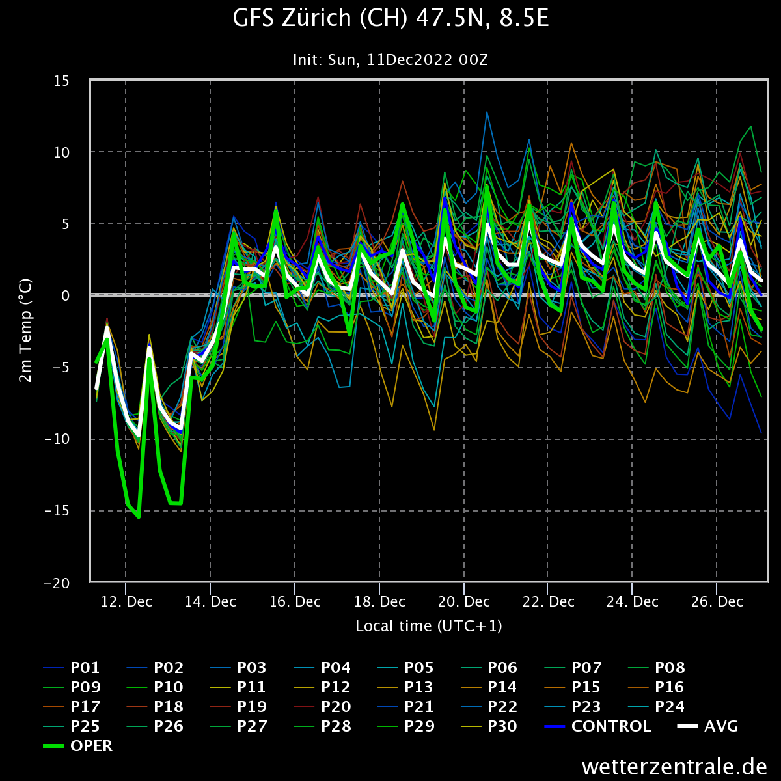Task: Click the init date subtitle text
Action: pyautogui.click(x=390, y=60)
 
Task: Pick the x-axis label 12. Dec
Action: pyautogui.click(x=127, y=602)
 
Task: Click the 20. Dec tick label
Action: pyautogui.click(x=464, y=602)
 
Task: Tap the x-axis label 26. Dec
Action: pyautogui.click(x=717, y=602)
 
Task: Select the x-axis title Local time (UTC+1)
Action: pyautogui.click(x=428, y=626)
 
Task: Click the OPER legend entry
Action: pyautogui.click(x=91, y=746)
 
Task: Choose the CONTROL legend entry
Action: pyautogui.click(x=610, y=726)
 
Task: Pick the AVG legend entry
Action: pyautogui.click(x=721, y=726)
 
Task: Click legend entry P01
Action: pyautogui.click(x=85, y=668)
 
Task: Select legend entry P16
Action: pyautogui.click(x=670, y=687)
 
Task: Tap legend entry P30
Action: pyautogui.click(x=502, y=726)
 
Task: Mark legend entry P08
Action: pyautogui.click(x=670, y=668)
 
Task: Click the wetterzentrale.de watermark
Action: pyautogui.click(x=674, y=766)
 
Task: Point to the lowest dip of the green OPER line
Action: pyautogui.click(x=139, y=517)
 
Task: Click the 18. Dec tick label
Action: pyautogui.click(x=379, y=602)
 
